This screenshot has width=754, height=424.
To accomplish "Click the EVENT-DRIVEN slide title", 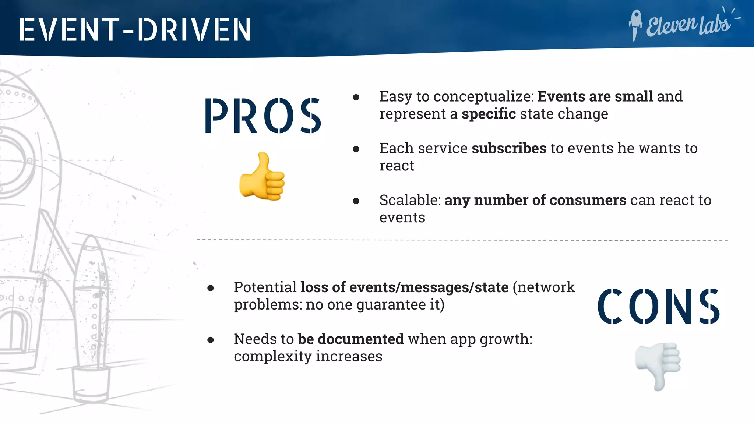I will [135, 29].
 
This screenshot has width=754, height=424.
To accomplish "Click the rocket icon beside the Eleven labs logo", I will [635, 24].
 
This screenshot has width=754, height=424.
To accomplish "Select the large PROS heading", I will [263, 116].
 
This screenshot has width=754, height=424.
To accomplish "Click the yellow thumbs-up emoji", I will [262, 177].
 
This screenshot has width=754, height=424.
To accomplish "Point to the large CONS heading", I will [658, 306].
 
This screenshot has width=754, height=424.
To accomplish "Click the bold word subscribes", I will [509, 148].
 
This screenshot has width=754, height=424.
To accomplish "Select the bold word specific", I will [489, 114].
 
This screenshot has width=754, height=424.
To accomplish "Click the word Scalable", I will [410, 200].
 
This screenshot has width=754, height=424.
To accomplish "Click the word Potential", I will [265, 287].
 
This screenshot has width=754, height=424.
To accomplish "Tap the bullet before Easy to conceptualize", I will [356, 98].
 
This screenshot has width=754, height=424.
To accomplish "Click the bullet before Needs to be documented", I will [211, 340].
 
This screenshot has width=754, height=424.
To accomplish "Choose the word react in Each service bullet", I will [397, 166].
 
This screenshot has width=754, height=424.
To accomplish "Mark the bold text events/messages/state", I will [429, 287].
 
